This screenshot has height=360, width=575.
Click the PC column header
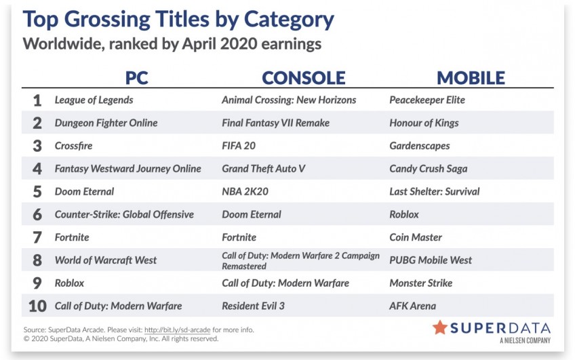136,78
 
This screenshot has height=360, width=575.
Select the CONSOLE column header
304,78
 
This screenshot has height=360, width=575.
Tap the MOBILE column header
471,78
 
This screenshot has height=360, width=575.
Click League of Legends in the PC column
94,100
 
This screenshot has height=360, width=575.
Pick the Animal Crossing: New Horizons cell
289,100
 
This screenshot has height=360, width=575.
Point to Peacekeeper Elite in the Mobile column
427,100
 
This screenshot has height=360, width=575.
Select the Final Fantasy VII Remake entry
276,123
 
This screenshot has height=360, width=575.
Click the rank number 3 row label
37,146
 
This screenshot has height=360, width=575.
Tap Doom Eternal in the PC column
84,191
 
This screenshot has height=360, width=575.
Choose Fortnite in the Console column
239,237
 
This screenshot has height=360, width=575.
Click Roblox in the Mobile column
403,214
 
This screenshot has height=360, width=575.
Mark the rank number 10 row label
37,306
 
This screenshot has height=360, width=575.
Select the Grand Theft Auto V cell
263,169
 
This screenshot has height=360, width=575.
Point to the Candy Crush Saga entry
429,169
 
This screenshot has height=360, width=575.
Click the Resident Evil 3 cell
253,306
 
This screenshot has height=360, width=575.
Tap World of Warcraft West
106,260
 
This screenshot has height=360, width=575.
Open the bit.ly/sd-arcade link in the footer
178,329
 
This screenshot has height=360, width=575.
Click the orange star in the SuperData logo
439,327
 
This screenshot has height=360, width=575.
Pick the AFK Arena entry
412,306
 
